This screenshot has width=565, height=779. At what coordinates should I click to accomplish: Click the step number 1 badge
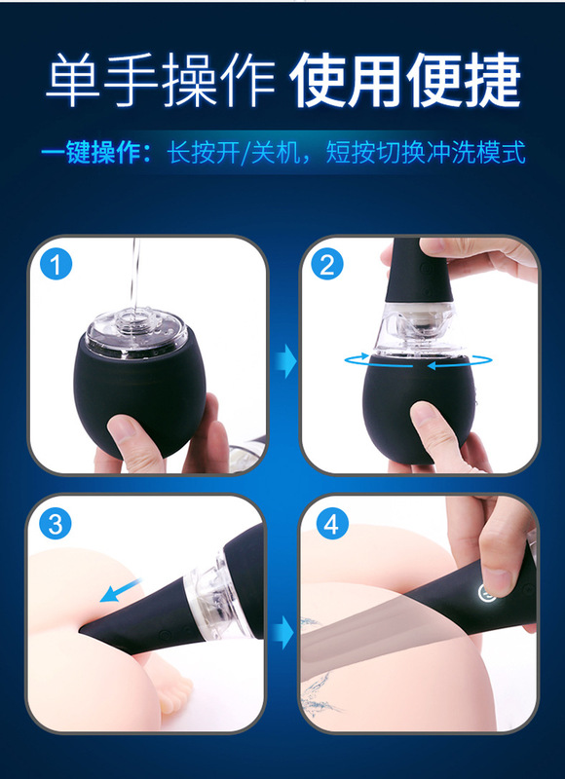[x=56, y=265]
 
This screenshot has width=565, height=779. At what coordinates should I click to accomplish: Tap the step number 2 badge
[x=327, y=265]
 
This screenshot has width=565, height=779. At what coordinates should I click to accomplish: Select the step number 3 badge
[x=56, y=525]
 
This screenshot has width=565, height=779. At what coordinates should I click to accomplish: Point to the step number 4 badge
[x=332, y=525]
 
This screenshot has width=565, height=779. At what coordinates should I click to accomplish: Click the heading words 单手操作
[x=161, y=80]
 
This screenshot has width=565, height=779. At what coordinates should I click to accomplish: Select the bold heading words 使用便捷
[x=405, y=80]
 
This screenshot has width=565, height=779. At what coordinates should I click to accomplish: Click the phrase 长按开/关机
[x=234, y=154]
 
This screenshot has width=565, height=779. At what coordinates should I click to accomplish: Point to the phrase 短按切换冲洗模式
[x=426, y=154]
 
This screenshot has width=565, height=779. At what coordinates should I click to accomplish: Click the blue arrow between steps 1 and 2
[x=285, y=361]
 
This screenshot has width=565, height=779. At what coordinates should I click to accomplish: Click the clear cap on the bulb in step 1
[x=136, y=333]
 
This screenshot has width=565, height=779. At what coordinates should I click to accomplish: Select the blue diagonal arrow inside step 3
[x=121, y=590]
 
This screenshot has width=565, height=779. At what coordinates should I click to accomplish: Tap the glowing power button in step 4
[x=486, y=592]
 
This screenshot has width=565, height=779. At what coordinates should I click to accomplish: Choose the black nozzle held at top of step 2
[x=419, y=271]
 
